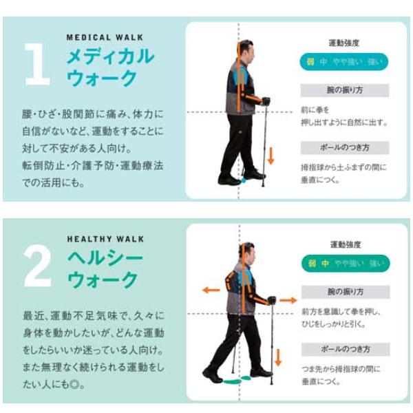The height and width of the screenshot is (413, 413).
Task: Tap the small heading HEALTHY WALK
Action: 105,240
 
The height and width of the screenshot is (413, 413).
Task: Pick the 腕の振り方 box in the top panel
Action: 344,90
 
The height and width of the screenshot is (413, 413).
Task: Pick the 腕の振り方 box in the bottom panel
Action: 344,292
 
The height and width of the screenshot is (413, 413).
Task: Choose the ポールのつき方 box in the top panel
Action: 344,148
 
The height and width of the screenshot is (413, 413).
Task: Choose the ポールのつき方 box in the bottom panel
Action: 344,349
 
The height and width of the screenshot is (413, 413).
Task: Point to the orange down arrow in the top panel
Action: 270,154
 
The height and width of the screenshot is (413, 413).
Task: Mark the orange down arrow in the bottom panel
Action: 278,357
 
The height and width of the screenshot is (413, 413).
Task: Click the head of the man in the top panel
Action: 246,50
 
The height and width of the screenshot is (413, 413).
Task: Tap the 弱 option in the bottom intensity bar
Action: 311,264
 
